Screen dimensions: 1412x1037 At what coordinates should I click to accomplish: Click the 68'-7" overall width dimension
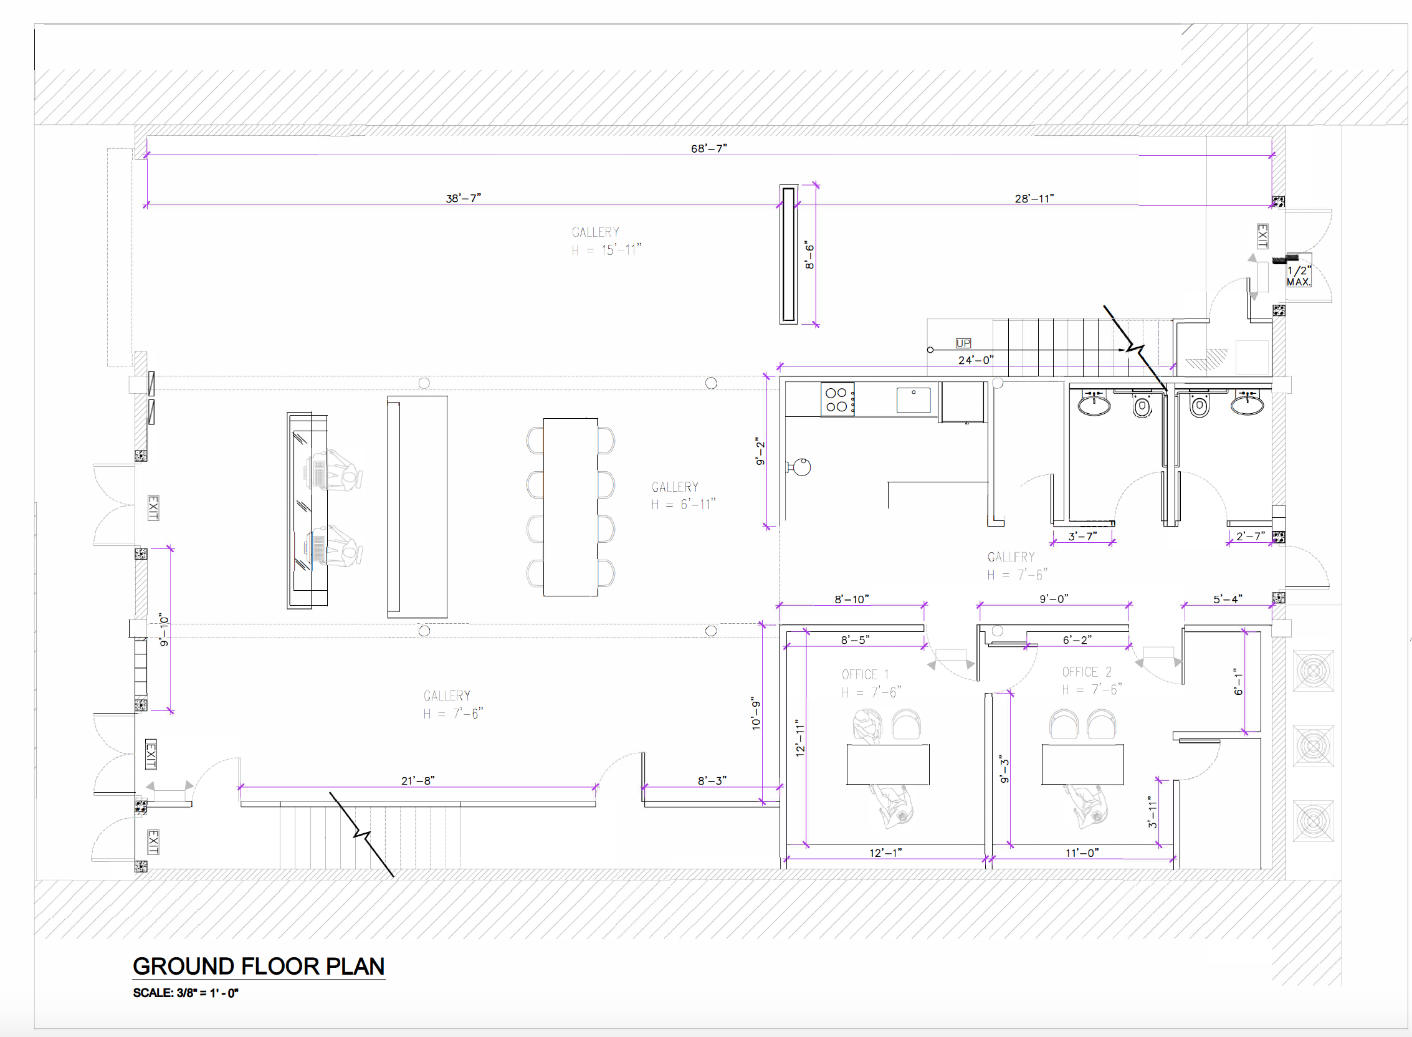tap(708, 148)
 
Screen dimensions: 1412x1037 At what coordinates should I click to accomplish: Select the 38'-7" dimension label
tap(463, 198)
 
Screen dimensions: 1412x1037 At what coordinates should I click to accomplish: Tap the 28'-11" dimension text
tap(1034, 198)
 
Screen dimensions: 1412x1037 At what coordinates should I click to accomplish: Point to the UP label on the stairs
tap(963, 343)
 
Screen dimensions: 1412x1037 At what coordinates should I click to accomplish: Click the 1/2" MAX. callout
tap(1299, 275)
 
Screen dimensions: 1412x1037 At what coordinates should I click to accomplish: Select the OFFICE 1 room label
tap(865, 674)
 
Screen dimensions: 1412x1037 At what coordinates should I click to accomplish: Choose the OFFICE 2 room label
tap(1086, 672)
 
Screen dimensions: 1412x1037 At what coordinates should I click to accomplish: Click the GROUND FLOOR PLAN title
tap(259, 966)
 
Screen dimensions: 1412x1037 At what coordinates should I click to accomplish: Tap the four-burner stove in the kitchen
tap(837, 399)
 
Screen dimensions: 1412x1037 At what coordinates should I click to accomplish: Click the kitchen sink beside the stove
tap(913, 400)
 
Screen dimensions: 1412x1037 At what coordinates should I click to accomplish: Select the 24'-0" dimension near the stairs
tap(975, 360)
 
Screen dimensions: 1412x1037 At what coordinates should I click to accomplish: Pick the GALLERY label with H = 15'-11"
tap(606, 241)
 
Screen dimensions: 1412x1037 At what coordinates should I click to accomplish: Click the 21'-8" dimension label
tap(417, 780)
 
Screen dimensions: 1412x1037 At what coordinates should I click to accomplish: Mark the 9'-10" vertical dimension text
tap(164, 629)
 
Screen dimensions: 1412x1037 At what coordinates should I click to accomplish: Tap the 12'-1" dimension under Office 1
tap(885, 853)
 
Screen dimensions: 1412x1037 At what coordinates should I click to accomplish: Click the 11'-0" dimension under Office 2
tap(1082, 853)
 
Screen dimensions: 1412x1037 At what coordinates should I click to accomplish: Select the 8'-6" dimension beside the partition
tap(809, 256)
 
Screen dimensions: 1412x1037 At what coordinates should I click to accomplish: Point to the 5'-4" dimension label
tap(1227, 599)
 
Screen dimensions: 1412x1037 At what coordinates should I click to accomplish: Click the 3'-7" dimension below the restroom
tap(1082, 536)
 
